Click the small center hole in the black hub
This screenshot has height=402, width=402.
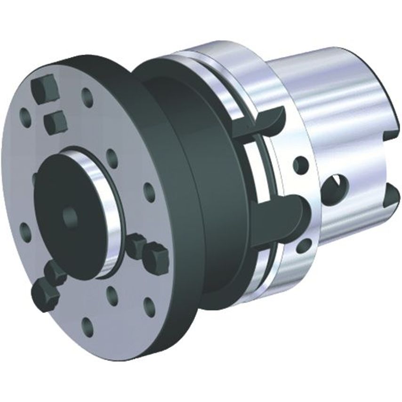[70, 216]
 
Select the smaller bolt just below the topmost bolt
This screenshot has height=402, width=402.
[56, 122]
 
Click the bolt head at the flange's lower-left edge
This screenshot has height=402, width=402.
[45, 295]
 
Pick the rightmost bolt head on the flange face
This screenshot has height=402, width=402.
[156, 257]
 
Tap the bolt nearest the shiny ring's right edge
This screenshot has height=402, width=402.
[136, 244]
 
